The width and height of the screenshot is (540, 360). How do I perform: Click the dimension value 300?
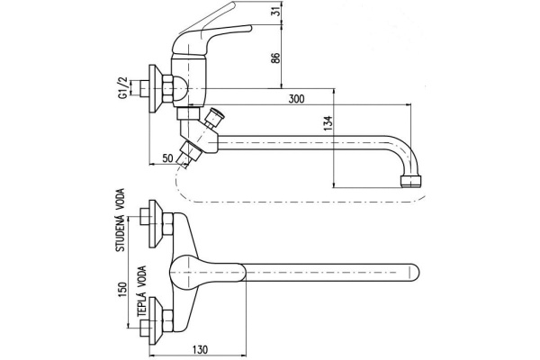[296, 99]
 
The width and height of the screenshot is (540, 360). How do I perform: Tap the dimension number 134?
[328, 123]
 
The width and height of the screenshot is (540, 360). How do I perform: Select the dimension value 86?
[276, 58]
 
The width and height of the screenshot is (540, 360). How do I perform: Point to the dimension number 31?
[275, 11]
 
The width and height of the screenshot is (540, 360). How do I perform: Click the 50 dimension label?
[167, 158]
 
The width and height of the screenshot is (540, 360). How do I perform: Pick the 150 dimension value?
[122, 291]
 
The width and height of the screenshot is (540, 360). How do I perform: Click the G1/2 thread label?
[123, 88]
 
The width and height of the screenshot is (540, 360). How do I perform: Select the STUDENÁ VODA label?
[121, 220]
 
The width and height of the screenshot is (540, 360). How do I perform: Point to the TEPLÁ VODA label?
[142, 292]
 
